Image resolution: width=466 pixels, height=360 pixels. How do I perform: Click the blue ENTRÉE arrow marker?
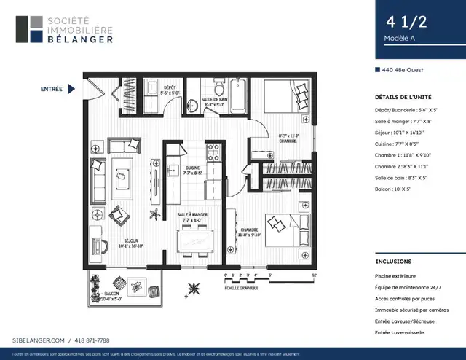(71, 89)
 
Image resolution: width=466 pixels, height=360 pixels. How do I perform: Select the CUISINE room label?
(193, 170)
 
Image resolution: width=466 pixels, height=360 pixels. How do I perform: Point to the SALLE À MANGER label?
(193, 216)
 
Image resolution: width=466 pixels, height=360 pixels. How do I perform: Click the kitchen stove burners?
(214, 152)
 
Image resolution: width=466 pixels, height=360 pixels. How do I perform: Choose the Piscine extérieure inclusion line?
(395, 276)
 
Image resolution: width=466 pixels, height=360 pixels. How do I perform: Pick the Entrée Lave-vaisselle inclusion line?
(400, 332)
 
